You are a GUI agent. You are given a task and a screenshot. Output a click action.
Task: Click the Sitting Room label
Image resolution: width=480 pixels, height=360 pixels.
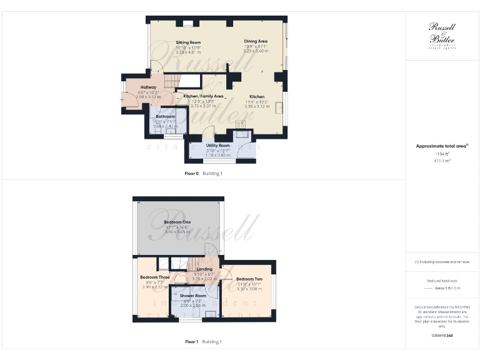[188, 42]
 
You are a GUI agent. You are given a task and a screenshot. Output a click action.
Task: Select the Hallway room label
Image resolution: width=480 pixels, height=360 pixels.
[148, 87]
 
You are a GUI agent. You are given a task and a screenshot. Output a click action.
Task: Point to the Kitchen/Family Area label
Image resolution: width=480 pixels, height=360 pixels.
[199, 96]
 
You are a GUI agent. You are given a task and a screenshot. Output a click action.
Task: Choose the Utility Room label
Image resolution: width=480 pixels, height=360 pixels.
[218, 145]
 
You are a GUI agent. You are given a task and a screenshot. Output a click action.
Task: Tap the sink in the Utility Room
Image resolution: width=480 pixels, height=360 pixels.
[241, 133]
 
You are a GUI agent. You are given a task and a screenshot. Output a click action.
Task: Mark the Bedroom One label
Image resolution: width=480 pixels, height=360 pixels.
[177, 222]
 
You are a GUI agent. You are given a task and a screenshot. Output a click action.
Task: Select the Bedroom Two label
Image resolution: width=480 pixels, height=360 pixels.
[249, 279]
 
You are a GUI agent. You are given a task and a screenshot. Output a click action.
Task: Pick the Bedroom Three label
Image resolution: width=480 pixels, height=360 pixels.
[154, 277]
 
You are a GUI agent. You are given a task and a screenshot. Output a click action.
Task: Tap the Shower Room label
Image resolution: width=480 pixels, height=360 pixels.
[192, 296]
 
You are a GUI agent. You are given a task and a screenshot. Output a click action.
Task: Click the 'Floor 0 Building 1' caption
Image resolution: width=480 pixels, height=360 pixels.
[204, 173]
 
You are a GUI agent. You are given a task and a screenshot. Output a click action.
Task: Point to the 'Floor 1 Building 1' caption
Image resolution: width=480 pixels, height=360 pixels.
[204, 342]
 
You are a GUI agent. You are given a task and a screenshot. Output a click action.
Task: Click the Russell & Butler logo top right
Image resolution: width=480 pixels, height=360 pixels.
[442, 34]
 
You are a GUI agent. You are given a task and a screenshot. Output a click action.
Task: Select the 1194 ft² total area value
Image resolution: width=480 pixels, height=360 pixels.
[442, 153]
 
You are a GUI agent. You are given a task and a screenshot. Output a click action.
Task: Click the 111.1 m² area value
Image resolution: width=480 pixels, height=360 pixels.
[442, 161]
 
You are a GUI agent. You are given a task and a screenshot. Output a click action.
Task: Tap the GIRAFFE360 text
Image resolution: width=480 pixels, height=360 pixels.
[442, 336]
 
